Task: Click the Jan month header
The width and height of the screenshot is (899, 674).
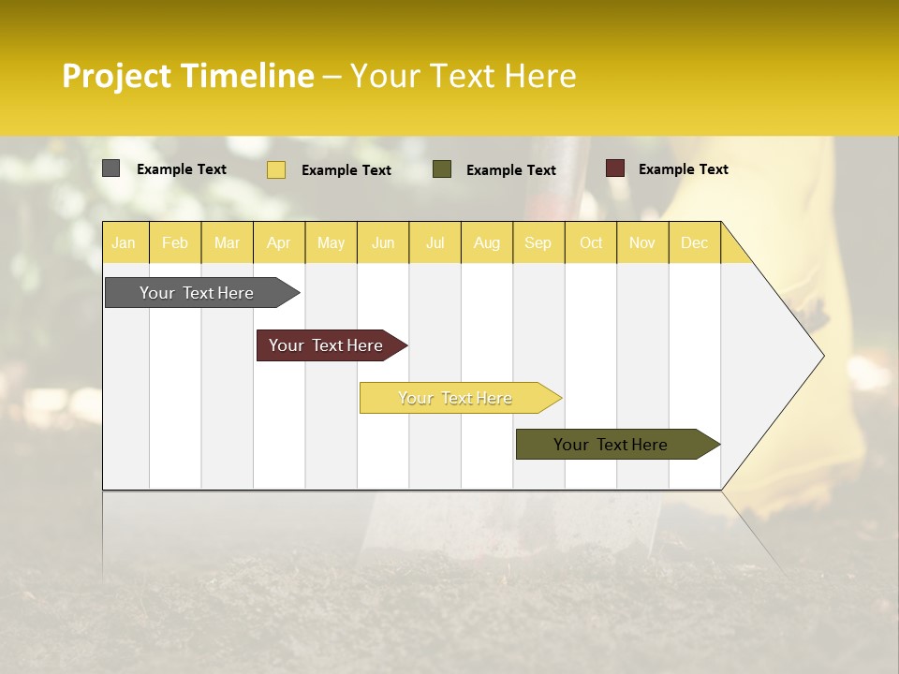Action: pyautogui.click(x=125, y=242)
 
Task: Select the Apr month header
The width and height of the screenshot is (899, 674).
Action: pyautogui.click(x=279, y=242)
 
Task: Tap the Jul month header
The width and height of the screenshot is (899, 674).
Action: pyautogui.click(x=435, y=242)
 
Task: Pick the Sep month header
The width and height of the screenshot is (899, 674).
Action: pyautogui.click(x=538, y=242)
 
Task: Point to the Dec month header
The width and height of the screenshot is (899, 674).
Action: pyautogui.click(x=694, y=242)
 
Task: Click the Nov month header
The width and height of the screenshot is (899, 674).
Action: pyautogui.click(x=642, y=242)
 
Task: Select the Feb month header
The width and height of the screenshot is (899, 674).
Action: pyautogui.click(x=175, y=242)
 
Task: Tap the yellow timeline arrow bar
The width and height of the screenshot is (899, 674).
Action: pyautogui.click(x=456, y=398)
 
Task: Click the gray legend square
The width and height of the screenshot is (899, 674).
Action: pyautogui.click(x=111, y=168)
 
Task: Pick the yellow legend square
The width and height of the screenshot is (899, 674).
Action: pyautogui.click(x=275, y=169)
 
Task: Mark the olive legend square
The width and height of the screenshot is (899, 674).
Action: pyautogui.click(x=442, y=169)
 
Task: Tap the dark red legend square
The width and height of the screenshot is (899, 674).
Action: pyautogui.click(x=614, y=168)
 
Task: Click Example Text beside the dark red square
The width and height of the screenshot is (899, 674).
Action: pyautogui.click(x=683, y=169)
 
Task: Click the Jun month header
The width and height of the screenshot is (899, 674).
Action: pyautogui.click(x=383, y=242)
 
